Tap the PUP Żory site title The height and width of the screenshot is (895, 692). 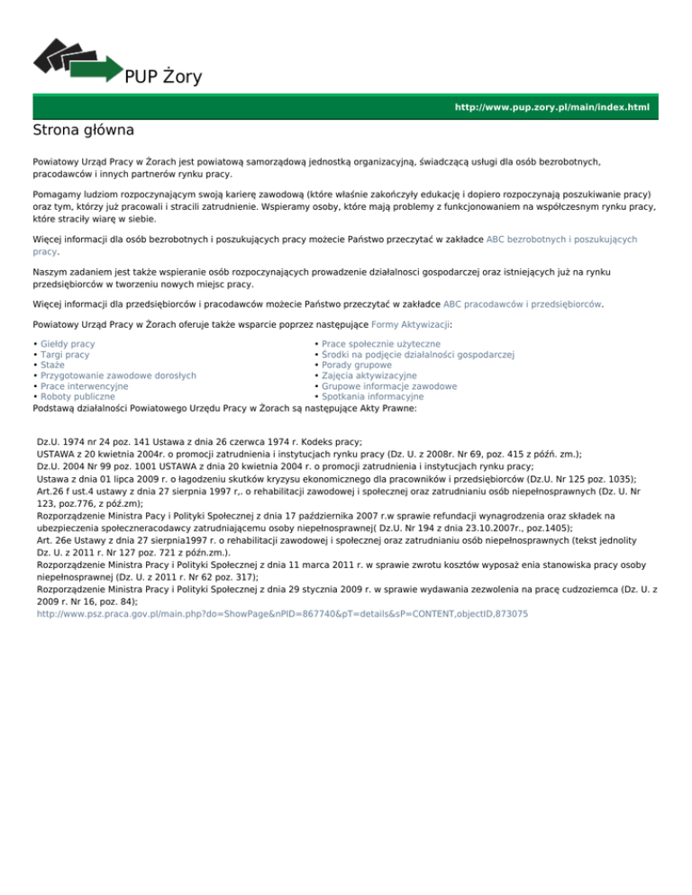click(163, 77)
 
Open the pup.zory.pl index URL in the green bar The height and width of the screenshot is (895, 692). click(551, 107)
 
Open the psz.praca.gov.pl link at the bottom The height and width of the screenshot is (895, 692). click(282, 613)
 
